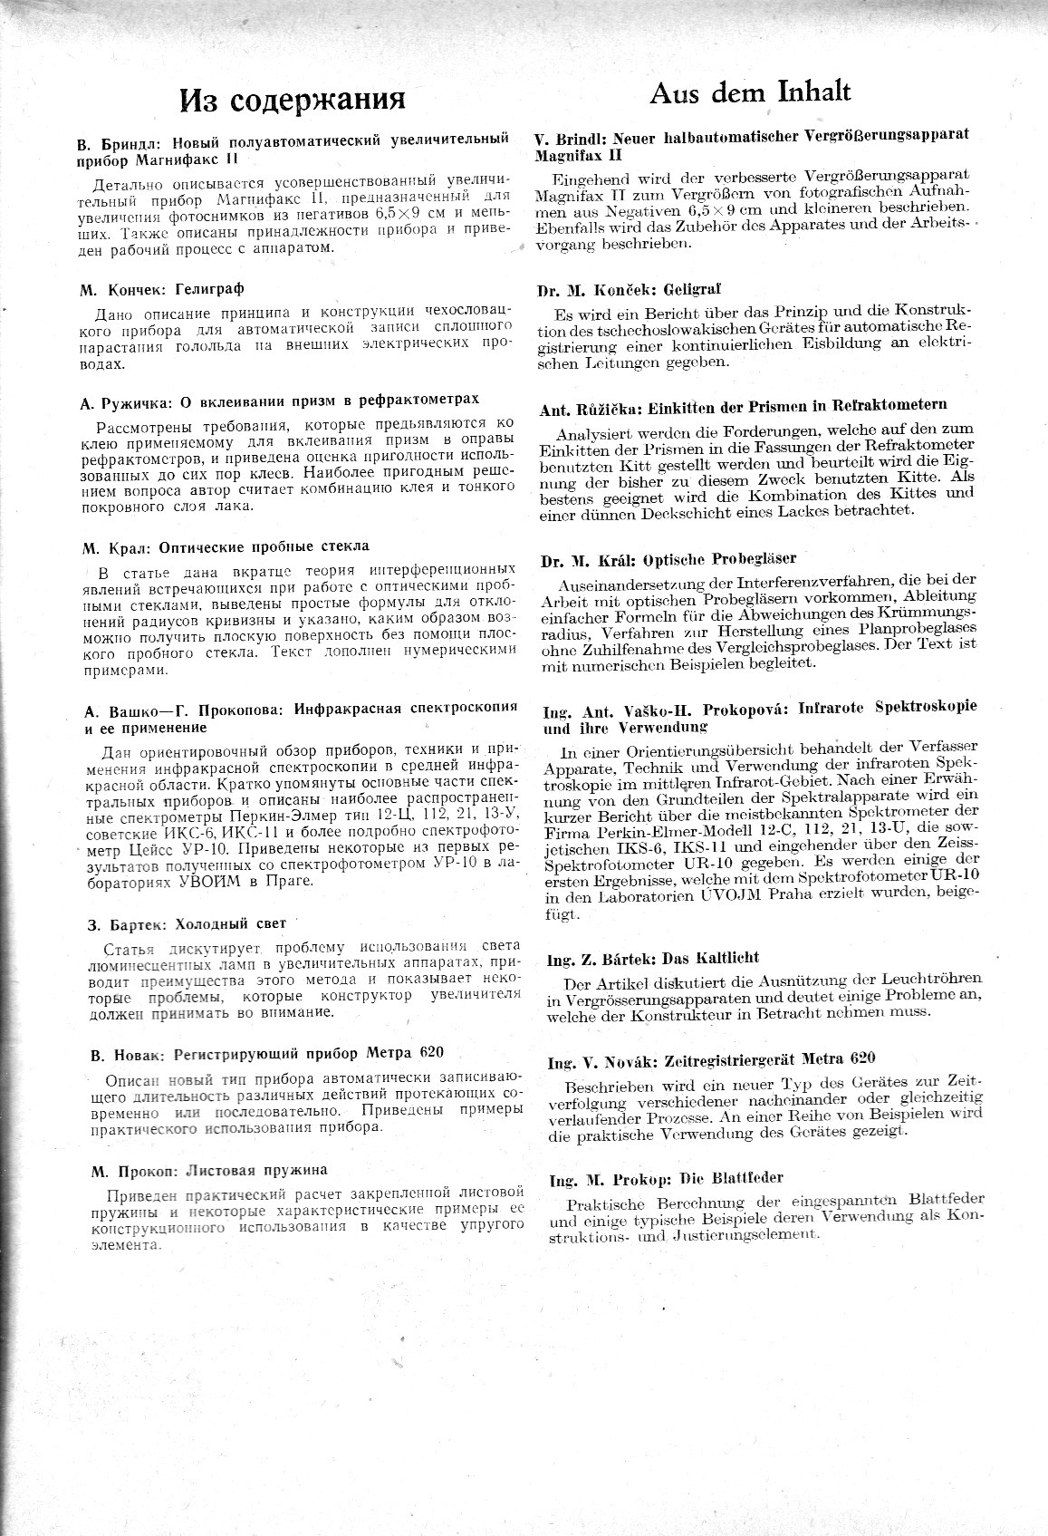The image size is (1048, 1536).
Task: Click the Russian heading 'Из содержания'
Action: coord(292,99)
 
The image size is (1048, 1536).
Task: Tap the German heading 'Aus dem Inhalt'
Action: coord(751,92)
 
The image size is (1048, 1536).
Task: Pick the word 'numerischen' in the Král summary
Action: coord(618,663)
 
